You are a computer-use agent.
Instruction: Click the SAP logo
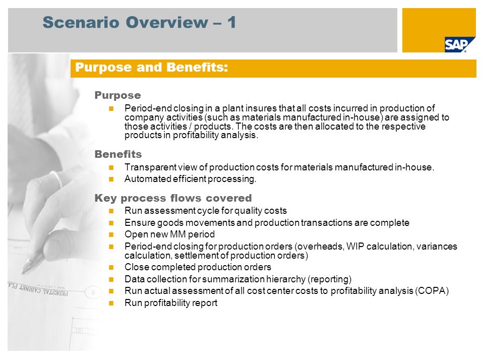tap(456, 44)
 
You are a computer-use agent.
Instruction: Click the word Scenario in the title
tap(81, 23)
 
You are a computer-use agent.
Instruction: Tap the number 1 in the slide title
tap(231, 23)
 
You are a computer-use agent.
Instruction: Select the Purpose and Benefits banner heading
tap(152, 67)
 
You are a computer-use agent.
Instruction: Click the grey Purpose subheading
tap(117, 95)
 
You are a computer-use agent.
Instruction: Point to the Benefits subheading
tap(118, 154)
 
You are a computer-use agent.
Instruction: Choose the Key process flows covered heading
tap(173, 198)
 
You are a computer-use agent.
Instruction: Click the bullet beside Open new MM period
tap(111, 234)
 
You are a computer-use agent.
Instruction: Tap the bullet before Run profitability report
tap(111, 303)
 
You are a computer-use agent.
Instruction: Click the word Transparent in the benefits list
tap(150, 167)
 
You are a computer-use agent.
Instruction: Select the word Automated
tap(148, 179)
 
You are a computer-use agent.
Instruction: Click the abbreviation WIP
tap(355, 247)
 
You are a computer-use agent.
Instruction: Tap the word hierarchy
tap(285, 279)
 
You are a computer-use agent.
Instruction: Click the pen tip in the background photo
tap(24, 271)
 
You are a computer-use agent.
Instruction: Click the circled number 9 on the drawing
tap(93, 292)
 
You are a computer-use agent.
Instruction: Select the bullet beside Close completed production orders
tap(111, 267)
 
